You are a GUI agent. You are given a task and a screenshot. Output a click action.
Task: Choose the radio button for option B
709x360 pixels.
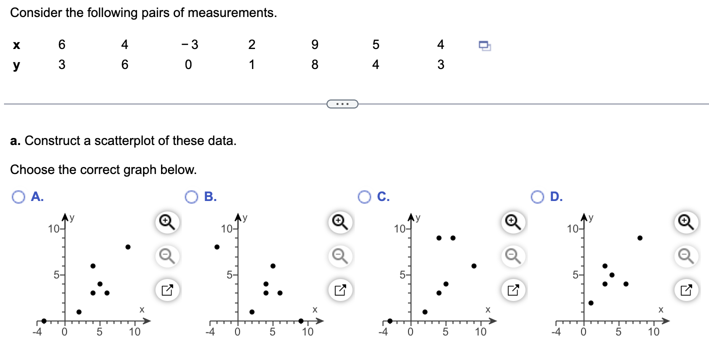[191, 197]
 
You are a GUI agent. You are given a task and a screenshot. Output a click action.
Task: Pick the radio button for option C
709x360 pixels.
[364, 197]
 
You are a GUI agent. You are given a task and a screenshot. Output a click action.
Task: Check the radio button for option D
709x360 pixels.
[537, 197]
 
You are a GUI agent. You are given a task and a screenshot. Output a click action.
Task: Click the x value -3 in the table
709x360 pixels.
[190, 45]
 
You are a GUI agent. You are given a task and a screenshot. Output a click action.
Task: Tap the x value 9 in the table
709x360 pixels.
[314, 45]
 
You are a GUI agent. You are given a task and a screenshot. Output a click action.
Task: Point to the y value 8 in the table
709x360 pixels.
[314, 65]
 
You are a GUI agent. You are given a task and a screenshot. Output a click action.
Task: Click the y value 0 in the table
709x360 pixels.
[187, 65]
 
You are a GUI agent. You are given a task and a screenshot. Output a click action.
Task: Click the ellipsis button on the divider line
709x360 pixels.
[342, 104]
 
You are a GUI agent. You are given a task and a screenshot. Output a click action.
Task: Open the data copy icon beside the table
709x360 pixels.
[485, 45]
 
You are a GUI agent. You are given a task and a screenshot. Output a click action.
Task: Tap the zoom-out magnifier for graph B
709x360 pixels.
[339, 256]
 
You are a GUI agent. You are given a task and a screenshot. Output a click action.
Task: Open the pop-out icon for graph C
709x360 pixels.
[512, 289]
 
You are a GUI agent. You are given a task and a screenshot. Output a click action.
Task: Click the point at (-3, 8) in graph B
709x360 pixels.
[217, 247]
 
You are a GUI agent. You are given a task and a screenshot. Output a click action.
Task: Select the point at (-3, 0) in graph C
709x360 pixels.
[390, 321]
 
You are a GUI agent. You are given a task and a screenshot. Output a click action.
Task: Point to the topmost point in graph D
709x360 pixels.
[640, 238]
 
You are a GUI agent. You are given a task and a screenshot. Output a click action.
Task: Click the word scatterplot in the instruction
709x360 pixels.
[127, 140]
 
